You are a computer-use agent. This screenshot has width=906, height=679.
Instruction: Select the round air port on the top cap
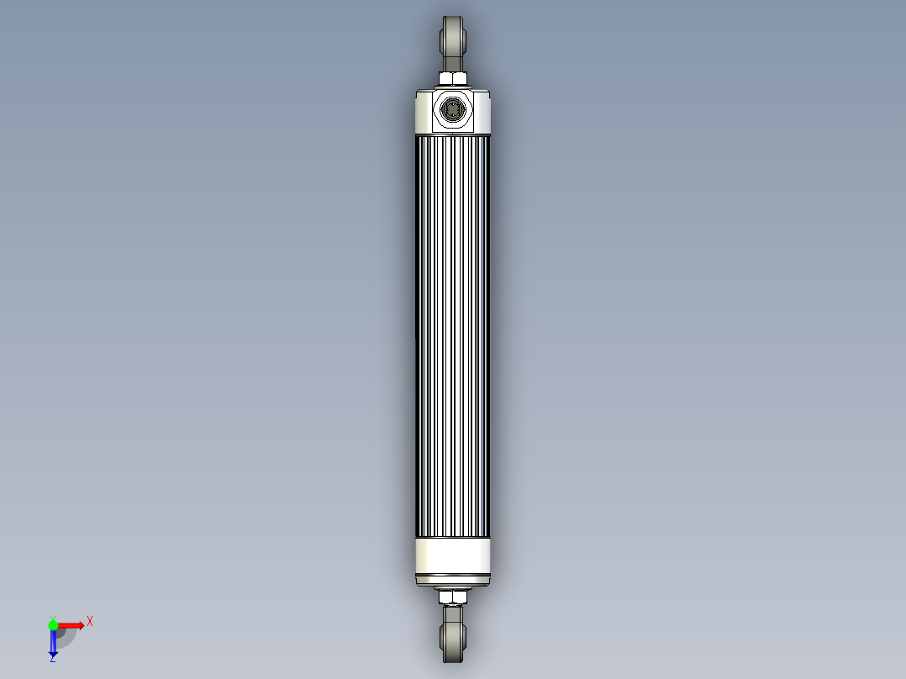click(x=452, y=110)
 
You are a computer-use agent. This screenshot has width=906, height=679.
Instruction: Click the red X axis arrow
click(x=72, y=624)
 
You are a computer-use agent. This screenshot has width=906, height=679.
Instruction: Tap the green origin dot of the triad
click(x=53, y=624)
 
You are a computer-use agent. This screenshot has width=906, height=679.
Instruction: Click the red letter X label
click(x=90, y=622)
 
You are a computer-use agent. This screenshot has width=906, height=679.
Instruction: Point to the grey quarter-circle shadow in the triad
click(x=65, y=636)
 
